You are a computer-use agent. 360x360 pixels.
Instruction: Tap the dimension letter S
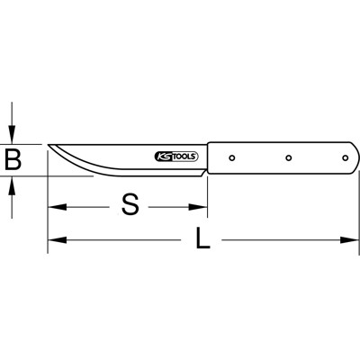131,205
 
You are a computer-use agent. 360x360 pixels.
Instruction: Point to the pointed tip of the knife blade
49,145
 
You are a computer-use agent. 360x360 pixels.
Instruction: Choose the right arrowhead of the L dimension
352,240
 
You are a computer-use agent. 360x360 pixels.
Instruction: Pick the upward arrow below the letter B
13,184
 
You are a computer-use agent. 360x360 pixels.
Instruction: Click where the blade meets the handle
206,157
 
